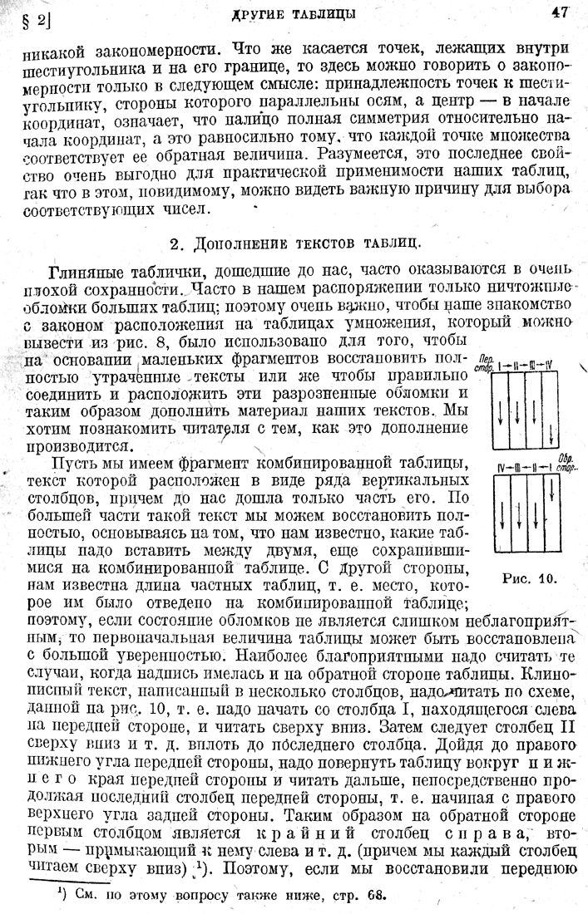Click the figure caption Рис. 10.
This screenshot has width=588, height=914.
pyautogui.click(x=529, y=577)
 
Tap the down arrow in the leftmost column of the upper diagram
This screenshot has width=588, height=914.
pyautogui.click(x=504, y=407)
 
